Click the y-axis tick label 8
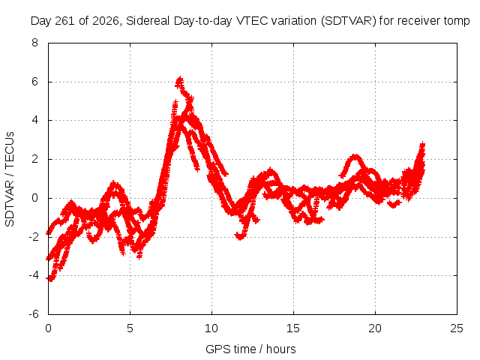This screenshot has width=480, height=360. click(x=35, y=43)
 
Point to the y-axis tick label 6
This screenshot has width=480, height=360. click(x=35, y=82)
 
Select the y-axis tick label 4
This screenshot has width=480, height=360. click(x=35, y=120)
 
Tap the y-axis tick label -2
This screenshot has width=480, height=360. click(x=34, y=237)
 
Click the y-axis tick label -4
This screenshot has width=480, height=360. click(x=34, y=275)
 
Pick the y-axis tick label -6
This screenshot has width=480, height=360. click(x=34, y=314)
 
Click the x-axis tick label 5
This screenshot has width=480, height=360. click(x=130, y=328)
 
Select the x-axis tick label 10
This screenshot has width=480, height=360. click(x=211, y=328)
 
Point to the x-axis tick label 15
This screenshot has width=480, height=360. click(x=293, y=328)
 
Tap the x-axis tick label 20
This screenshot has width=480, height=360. click(x=375, y=328)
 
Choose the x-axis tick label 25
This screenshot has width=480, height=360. click(x=457, y=328)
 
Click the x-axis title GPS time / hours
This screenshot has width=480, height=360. click(x=250, y=349)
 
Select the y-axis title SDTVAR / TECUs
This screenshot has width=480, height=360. click(x=10, y=179)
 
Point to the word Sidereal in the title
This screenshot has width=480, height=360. click(x=148, y=21)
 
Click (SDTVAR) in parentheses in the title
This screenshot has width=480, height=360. click(x=348, y=21)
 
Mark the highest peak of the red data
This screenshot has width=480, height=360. click(x=180, y=79)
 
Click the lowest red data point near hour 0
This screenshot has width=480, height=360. click(x=50, y=279)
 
